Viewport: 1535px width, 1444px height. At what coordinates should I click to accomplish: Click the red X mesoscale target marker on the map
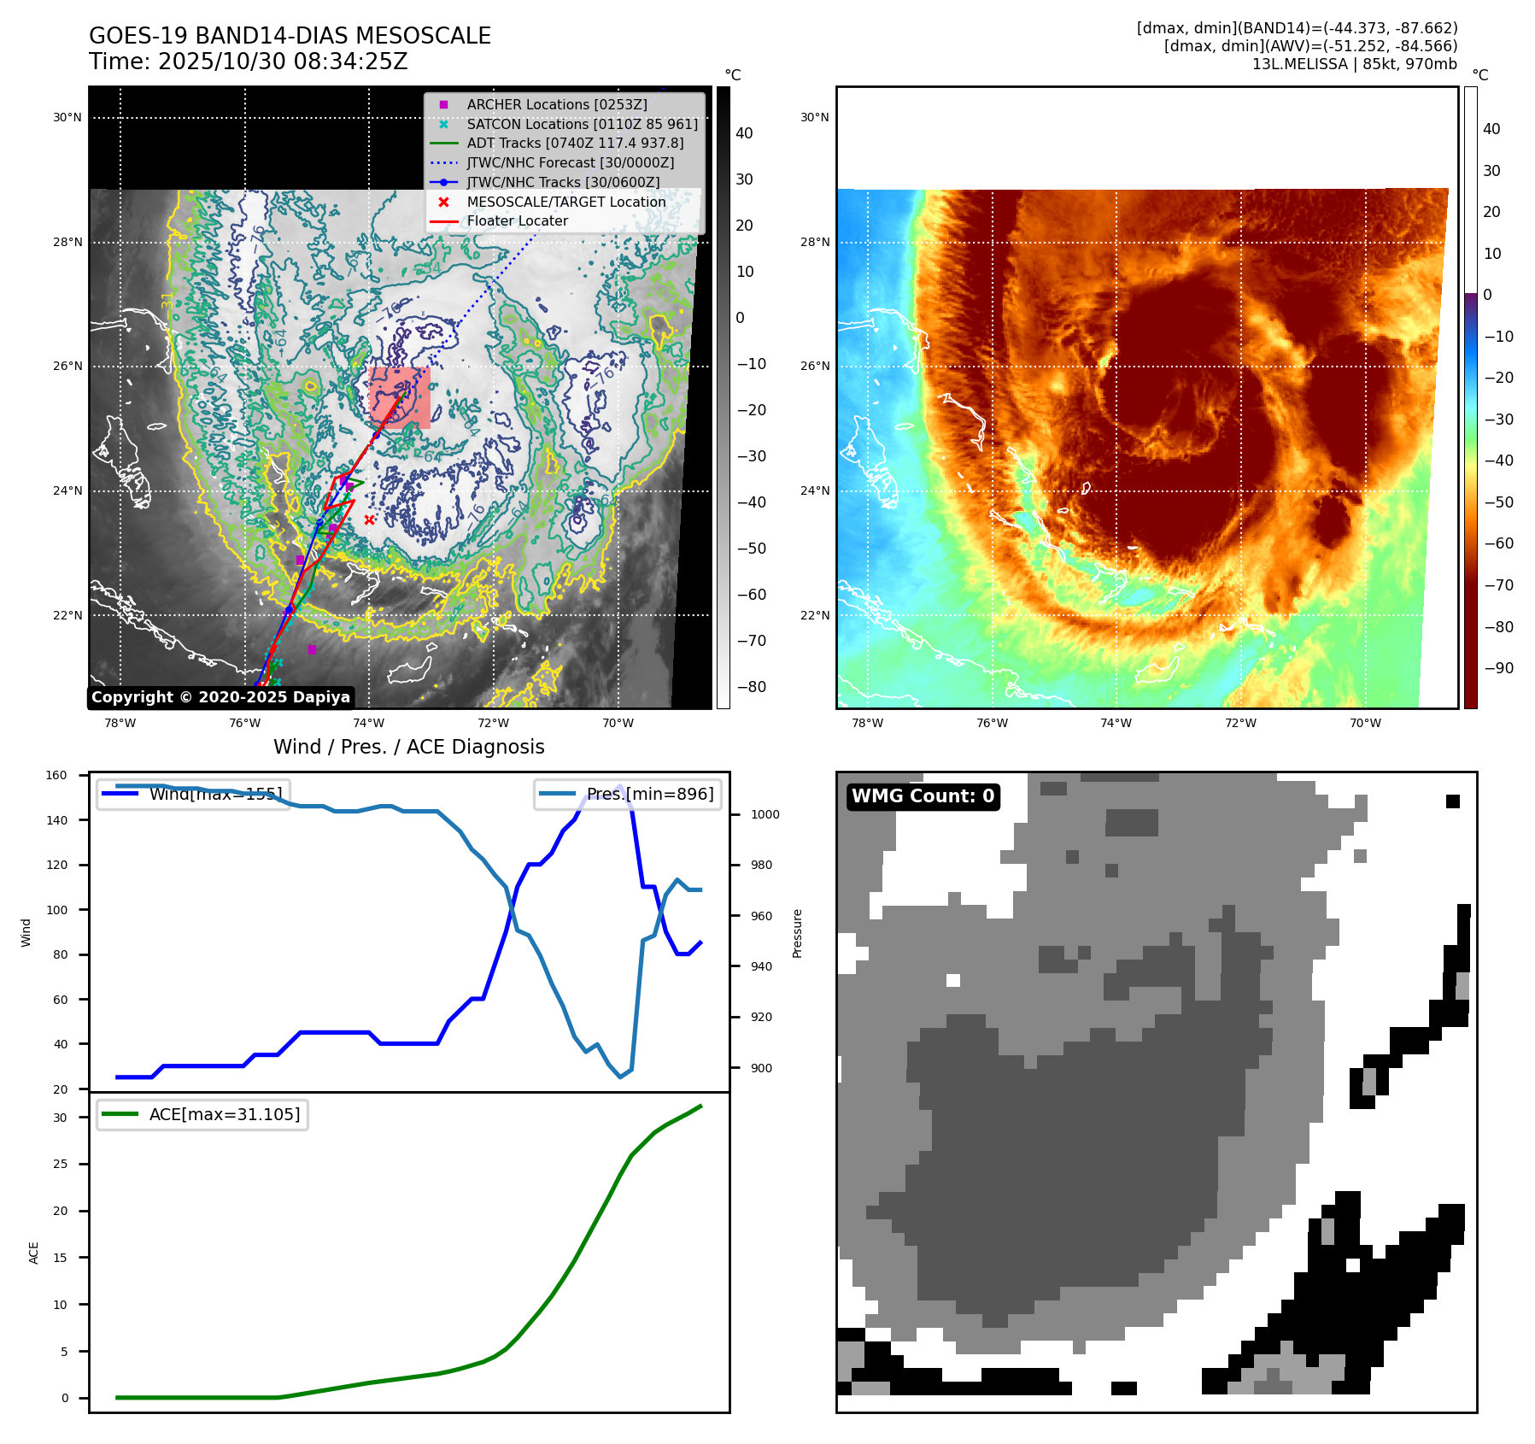pyautogui.click(x=369, y=519)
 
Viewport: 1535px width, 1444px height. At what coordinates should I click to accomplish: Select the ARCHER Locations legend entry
pyautogui.click(x=556, y=104)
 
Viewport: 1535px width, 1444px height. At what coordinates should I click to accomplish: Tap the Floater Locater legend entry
pyautogui.click(x=517, y=220)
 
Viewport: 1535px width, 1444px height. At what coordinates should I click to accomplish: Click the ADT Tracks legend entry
pyautogui.click(x=575, y=143)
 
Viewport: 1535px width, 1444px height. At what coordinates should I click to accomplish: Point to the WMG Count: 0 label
pyautogui.click(x=923, y=796)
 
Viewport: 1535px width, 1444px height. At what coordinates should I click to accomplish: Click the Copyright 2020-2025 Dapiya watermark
pyautogui.click(x=220, y=697)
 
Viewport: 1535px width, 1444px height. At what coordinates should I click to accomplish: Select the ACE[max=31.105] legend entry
pyautogui.click(x=224, y=1114)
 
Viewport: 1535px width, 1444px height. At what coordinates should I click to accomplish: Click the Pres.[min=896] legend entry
pyautogui.click(x=649, y=794)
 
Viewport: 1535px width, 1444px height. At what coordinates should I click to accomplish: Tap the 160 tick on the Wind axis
pyautogui.click(x=56, y=776)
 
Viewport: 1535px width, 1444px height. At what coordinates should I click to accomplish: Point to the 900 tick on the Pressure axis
pyautogui.click(x=760, y=1068)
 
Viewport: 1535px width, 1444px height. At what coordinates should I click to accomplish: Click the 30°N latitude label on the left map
pyautogui.click(x=67, y=118)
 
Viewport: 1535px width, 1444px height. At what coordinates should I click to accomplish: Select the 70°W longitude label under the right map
pyautogui.click(x=1365, y=723)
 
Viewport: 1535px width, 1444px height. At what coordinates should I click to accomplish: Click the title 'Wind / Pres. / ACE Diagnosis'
pyautogui.click(x=408, y=747)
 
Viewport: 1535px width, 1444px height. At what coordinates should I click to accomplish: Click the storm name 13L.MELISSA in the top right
pyautogui.click(x=1299, y=64)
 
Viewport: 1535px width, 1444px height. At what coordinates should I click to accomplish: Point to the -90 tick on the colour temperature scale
pyautogui.click(x=1498, y=668)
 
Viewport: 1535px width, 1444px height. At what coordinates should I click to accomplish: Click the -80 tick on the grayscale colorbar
pyautogui.click(x=751, y=687)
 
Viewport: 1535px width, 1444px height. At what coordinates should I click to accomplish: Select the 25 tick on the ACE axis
pyautogui.click(x=60, y=1164)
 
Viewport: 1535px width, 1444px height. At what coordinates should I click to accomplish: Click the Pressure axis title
pyautogui.click(x=797, y=933)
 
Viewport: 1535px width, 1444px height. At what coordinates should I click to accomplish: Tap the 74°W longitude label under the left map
pyautogui.click(x=369, y=723)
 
